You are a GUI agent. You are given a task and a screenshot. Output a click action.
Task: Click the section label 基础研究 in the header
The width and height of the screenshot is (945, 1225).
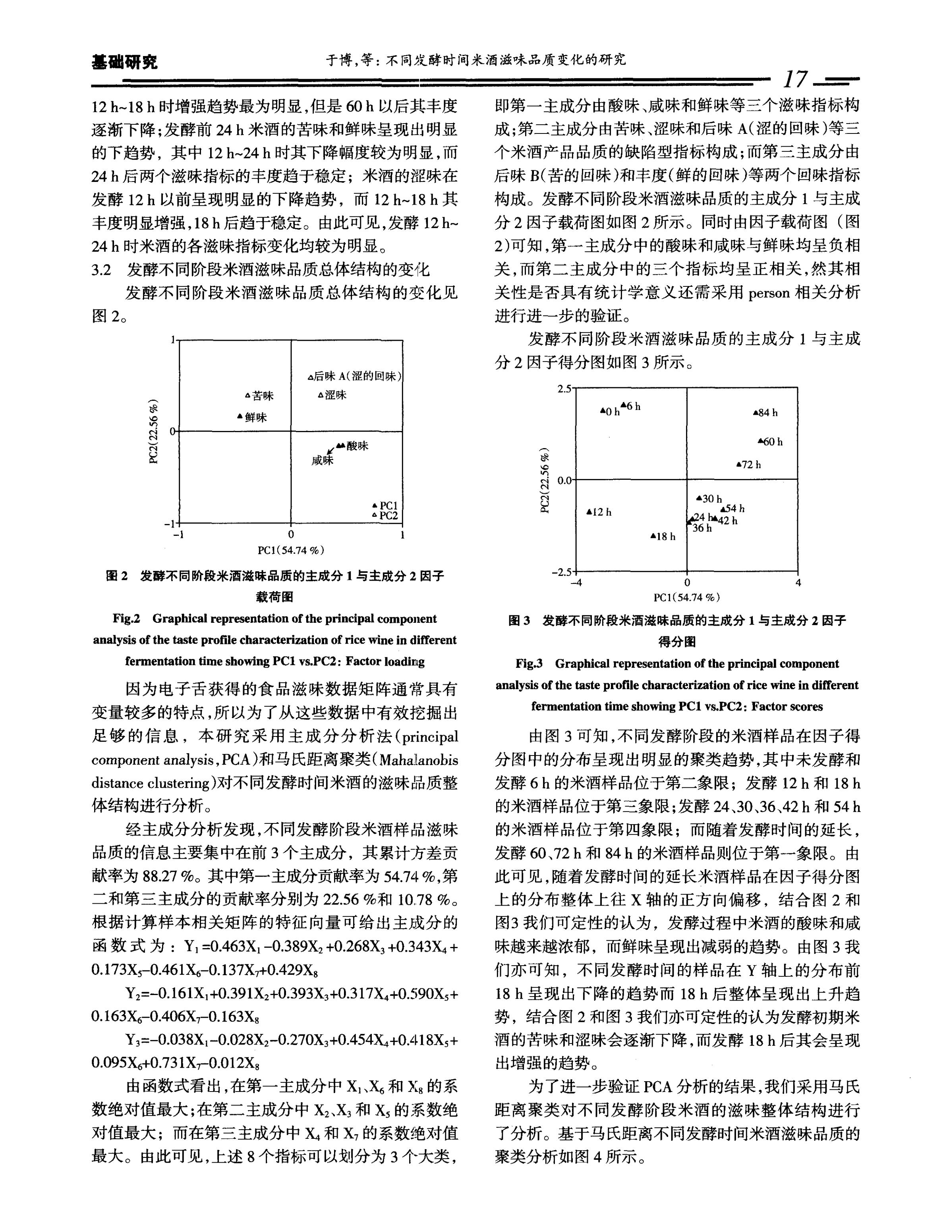tap(124, 62)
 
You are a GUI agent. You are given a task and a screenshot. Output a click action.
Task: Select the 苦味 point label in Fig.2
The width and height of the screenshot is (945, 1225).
tap(263, 396)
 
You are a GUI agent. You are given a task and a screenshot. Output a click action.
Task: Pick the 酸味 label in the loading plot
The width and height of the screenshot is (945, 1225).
tap(357, 446)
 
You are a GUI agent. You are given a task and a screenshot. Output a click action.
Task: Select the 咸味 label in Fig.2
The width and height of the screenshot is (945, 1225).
tap(323, 460)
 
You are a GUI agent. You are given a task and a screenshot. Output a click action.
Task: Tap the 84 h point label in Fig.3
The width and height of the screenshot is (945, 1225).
tap(768, 413)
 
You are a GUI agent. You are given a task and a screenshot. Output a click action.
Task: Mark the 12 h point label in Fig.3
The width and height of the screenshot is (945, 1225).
tap(602, 512)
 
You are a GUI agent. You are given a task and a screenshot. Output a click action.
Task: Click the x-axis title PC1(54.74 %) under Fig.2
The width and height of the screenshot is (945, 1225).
tap(290, 550)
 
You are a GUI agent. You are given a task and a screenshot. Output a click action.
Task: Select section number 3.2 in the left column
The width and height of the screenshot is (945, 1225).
tap(102, 271)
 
